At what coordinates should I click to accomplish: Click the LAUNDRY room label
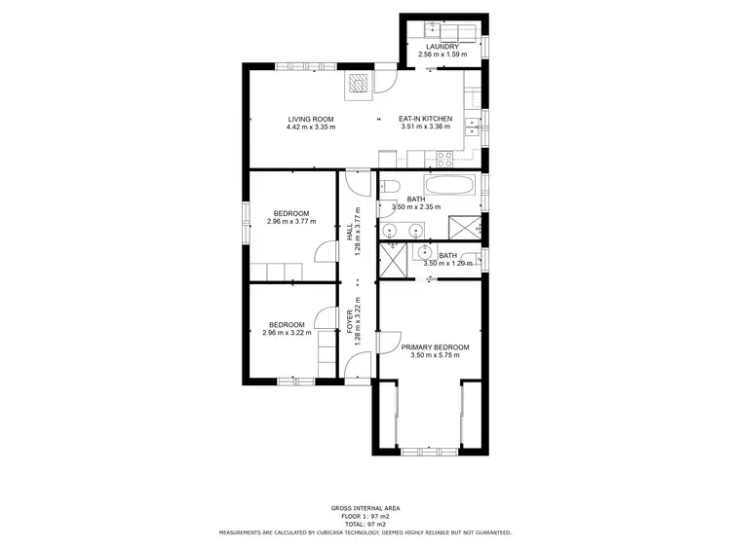pyautogui.click(x=442, y=46)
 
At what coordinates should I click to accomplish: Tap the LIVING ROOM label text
pyautogui.click(x=311, y=119)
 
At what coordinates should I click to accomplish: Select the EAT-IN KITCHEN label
pyautogui.click(x=426, y=119)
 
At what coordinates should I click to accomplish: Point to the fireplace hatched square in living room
pyautogui.click(x=361, y=84)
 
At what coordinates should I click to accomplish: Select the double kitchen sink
pyautogui.click(x=473, y=123)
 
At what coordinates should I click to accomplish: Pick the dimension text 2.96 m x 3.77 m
pyautogui.click(x=290, y=222)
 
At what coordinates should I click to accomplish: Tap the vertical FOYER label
pyautogui.click(x=350, y=321)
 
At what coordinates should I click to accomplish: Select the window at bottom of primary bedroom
pyautogui.click(x=429, y=451)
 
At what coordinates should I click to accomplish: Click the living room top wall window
pyautogui.click(x=292, y=65)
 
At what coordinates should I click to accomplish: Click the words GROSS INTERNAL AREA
pyautogui.click(x=365, y=508)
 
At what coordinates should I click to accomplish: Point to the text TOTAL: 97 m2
pyautogui.click(x=365, y=524)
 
